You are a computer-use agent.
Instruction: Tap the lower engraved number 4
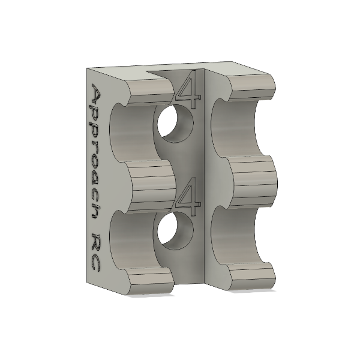(188, 196)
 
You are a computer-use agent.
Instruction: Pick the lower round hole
(176, 231)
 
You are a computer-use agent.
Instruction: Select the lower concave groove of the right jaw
(237, 237)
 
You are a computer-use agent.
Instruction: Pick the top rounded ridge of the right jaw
(252, 87)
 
